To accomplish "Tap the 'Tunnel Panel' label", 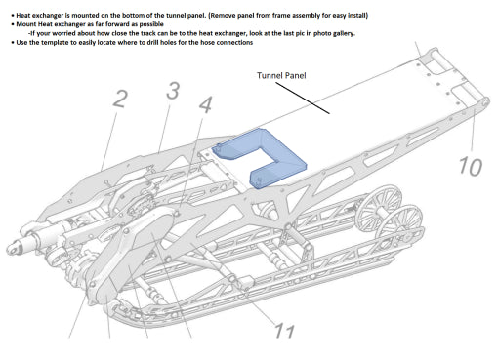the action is coord(281,76).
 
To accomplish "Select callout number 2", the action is coord(120,99).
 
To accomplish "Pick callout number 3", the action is coord(173,91).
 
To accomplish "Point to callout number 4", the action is coord(205,104).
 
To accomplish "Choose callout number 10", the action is coord(471,167).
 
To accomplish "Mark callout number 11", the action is coord(284,331).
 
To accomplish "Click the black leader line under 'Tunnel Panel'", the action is coord(303,98).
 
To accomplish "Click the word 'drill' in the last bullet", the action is coord(153,42).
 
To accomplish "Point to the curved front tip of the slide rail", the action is coord(112,307).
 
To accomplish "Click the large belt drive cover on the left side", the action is coord(130,254).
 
